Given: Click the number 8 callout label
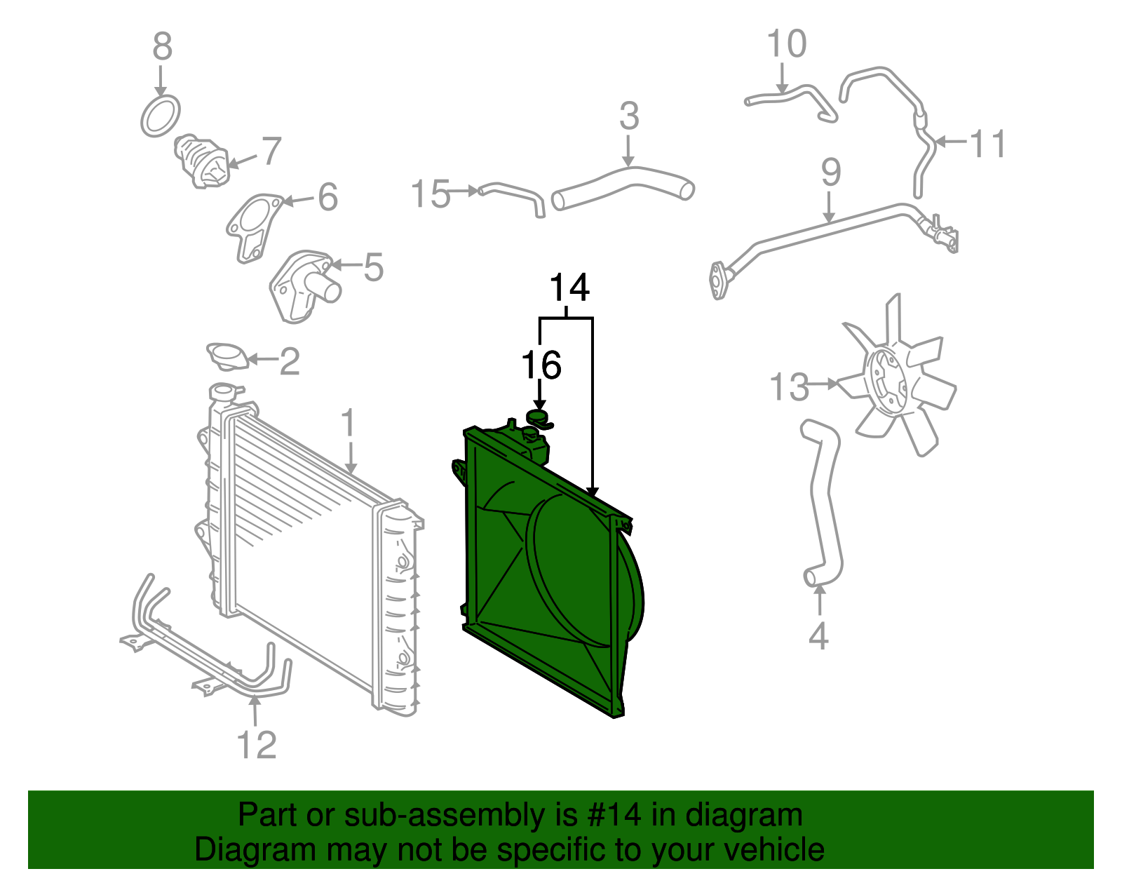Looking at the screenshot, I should coord(162,47).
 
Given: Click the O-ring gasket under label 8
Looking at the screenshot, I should coord(160,117).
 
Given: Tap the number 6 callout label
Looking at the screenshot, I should coord(327,197).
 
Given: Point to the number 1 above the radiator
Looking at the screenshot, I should coord(349,424).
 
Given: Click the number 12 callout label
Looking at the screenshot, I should coord(257,745).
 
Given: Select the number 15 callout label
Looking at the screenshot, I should coord(430,194).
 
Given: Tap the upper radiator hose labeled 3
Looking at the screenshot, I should coord(623,184).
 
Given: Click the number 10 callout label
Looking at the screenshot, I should coord(786,44).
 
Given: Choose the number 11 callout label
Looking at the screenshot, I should coord(987,144).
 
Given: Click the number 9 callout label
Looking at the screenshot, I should coord(830,173).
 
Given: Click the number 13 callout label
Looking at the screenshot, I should coord(789,386).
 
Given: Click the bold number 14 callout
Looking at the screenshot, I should coord(569,288).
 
